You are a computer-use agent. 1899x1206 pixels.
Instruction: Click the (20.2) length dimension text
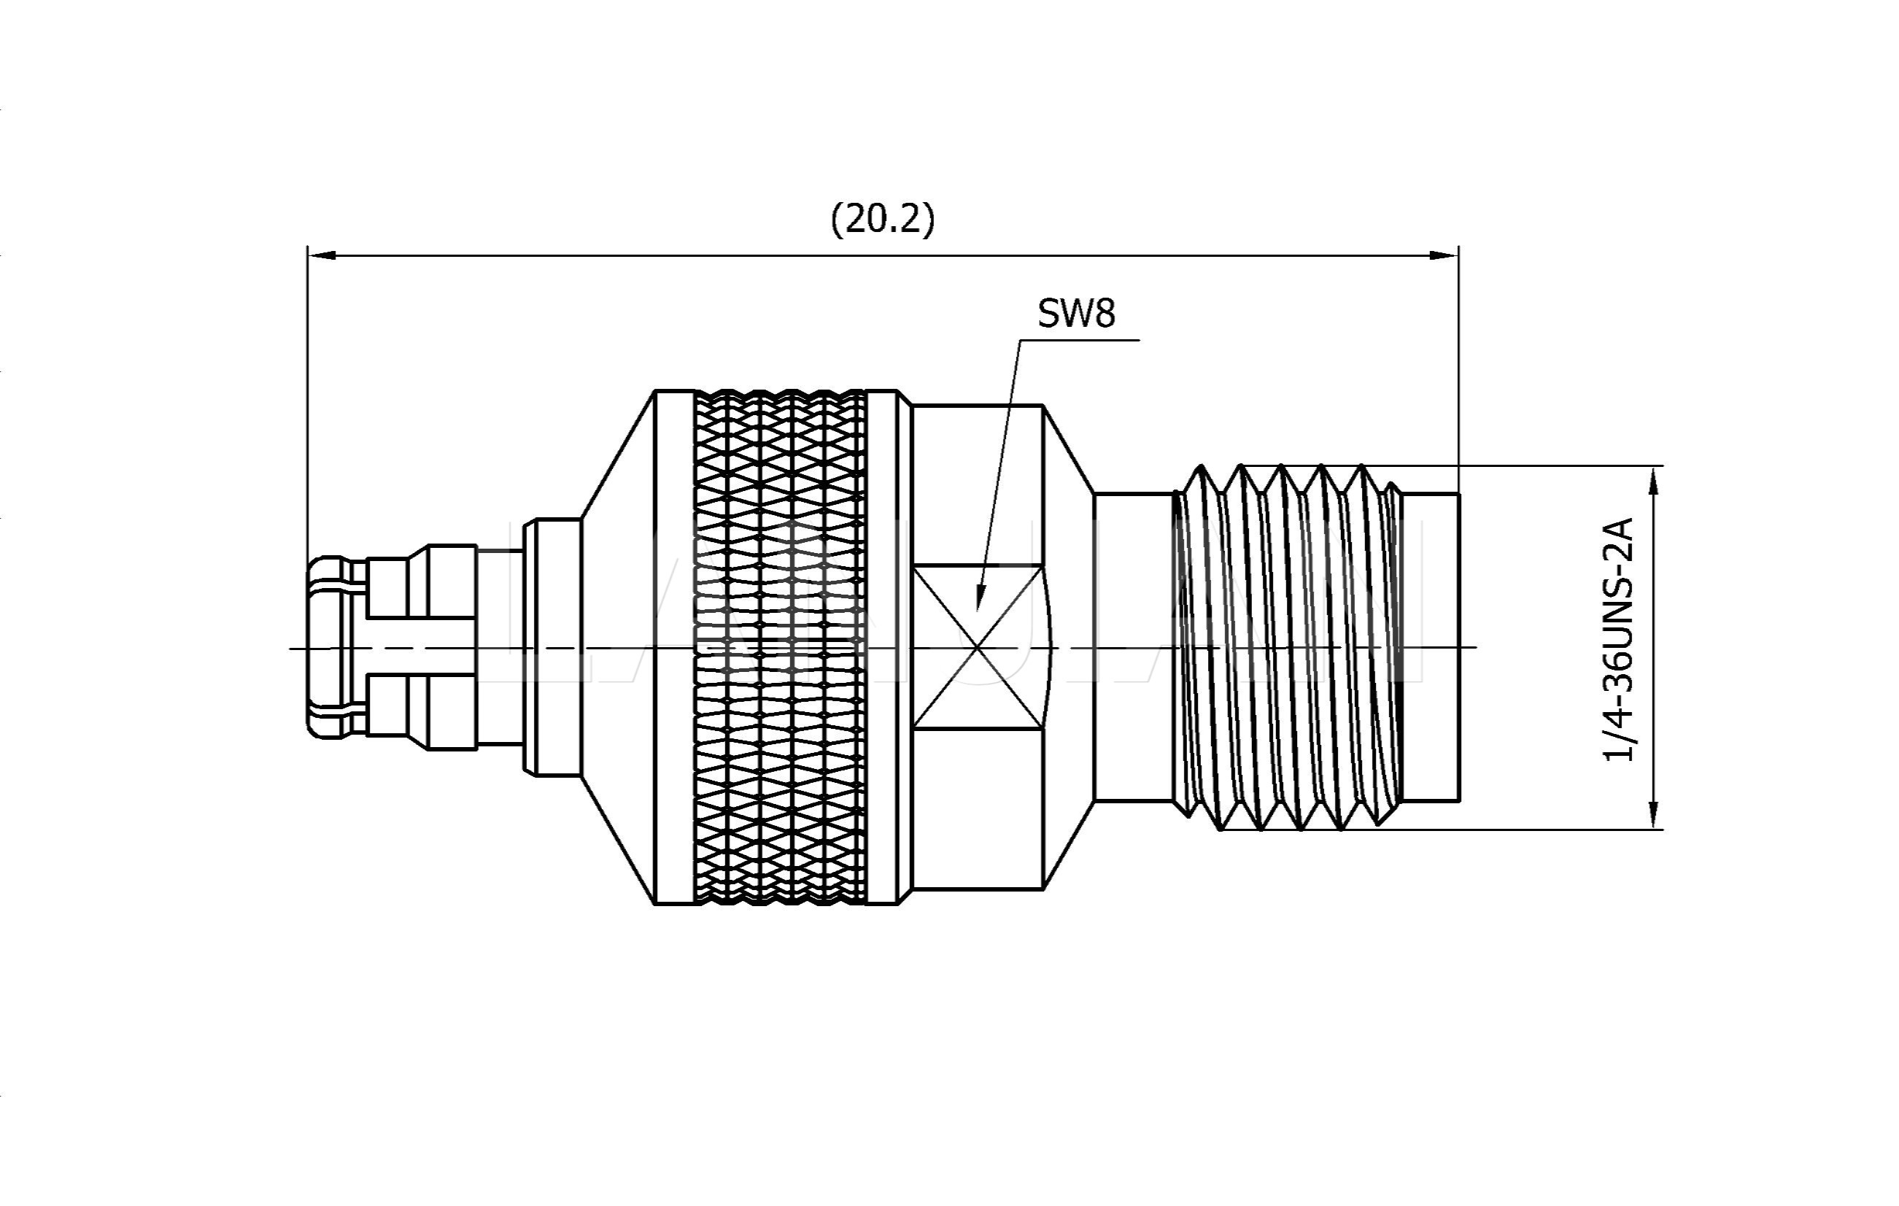(883, 218)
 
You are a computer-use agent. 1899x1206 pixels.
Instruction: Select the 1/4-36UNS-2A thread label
(1619, 640)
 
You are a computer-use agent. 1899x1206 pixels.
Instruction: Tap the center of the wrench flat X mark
(978, 648)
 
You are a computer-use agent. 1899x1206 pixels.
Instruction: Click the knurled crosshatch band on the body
(779, 647)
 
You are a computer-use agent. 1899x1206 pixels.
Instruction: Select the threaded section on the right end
(1285, 647)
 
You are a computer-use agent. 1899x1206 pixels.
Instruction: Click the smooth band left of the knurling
(674, 647)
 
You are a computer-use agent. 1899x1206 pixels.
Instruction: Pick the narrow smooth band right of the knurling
(883, 647)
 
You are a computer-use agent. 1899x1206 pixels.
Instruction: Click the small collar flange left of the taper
(552, 647)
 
